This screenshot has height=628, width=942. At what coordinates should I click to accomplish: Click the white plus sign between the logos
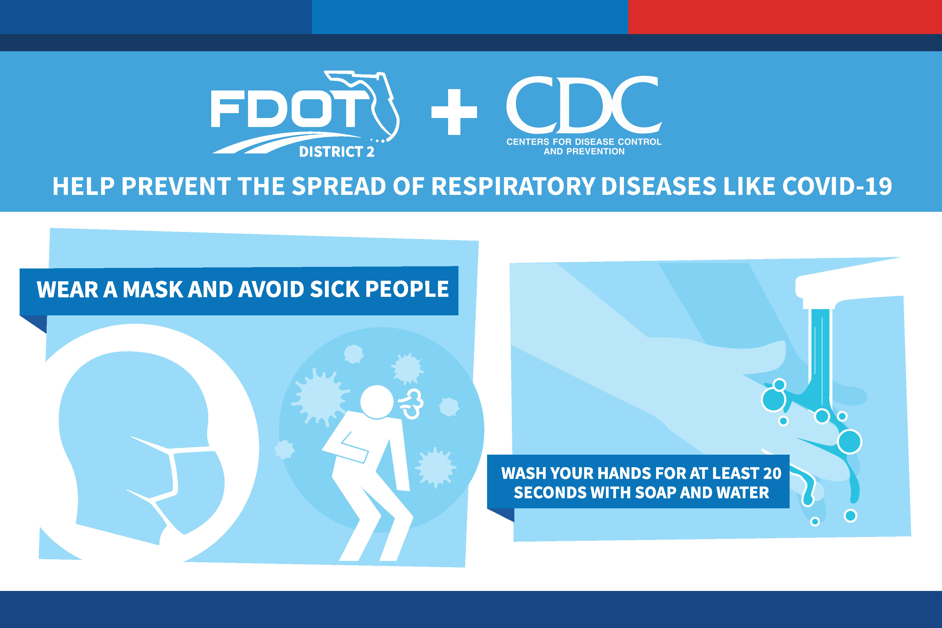tap(454, 112)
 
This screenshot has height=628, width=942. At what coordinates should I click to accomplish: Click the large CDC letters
tap(584, 105)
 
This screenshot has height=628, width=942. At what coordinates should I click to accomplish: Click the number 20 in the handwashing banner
tap(772, 473)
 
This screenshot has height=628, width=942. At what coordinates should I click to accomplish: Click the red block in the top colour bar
tap(785, 17)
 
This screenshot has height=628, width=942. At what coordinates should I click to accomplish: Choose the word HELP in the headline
tap(84, 187)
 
